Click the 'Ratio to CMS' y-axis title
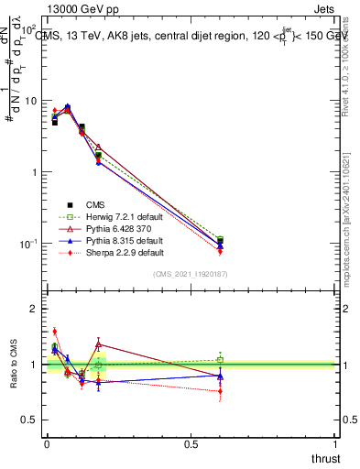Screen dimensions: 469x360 coord(14,365)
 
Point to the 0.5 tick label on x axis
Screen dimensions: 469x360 coord(191,445)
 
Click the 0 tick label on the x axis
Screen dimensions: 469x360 coord(47,445)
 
